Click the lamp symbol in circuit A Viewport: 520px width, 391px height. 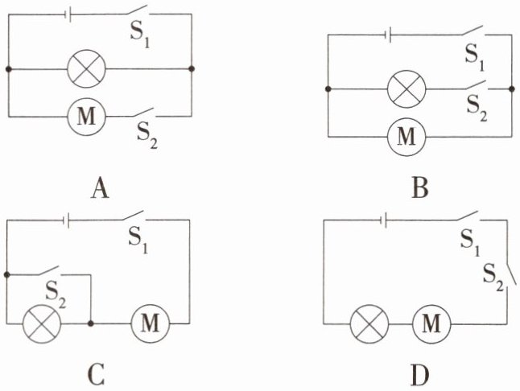coord(86,69)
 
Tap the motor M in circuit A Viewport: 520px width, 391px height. coord(86,117)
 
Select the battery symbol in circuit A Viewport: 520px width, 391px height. coord(68,14)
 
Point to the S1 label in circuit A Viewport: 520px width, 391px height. coord(139,35)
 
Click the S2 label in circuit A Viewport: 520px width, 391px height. coord(147,136)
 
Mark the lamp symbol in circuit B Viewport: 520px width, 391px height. coord(407,88)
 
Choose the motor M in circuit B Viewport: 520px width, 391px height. coord(407,136)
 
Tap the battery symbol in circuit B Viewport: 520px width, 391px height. coord(388,35)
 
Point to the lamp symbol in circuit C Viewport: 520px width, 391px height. coord(42,323)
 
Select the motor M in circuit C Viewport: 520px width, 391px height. coord(151,323)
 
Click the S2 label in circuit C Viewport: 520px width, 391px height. coord(56,295)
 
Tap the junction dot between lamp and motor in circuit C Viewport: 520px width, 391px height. coord(90,323)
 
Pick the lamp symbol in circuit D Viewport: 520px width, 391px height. coord(369,324)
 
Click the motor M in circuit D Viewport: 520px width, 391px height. coord(431,324)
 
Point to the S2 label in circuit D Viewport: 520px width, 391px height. coord(493,278)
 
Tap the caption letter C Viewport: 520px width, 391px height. coord(97,374)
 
